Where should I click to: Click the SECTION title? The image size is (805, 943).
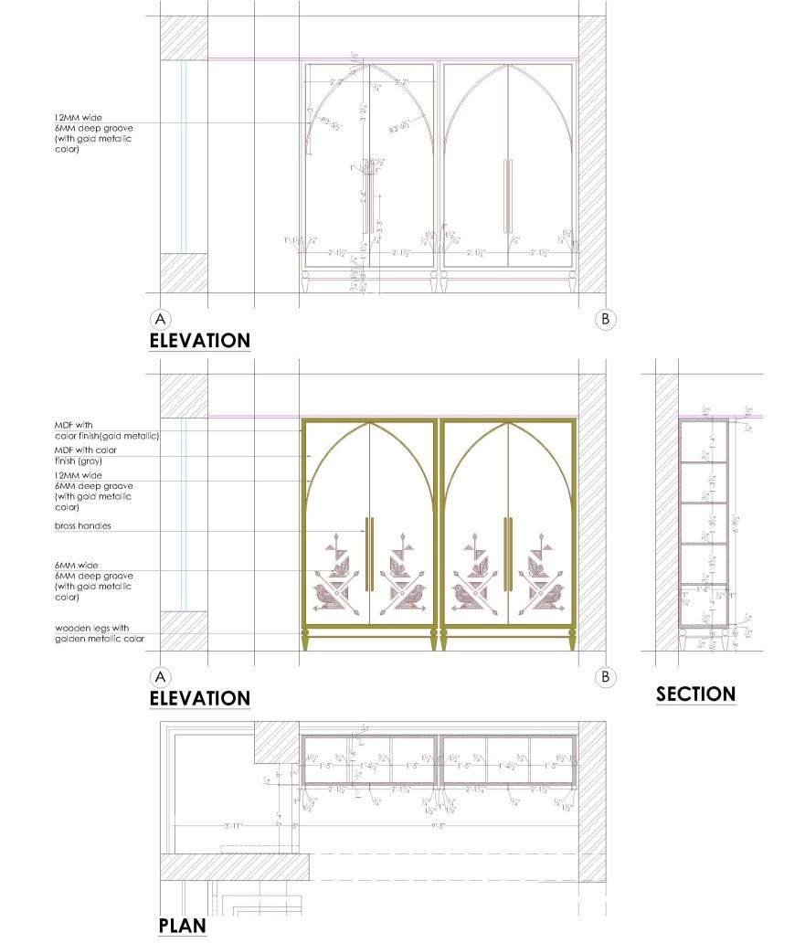(695, 694)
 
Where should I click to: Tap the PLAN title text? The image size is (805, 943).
(182, 926)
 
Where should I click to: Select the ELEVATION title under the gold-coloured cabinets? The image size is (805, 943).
(199, 698)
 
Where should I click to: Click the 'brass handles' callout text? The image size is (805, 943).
(83, 527)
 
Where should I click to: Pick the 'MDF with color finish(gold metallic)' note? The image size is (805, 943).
(107, 430)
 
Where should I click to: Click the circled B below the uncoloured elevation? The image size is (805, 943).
(605, 319)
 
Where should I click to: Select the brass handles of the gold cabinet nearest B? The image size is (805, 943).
(508, 554)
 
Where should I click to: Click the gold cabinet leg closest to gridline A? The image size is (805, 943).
(306, 641)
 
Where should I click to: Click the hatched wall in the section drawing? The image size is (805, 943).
(666, 512)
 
